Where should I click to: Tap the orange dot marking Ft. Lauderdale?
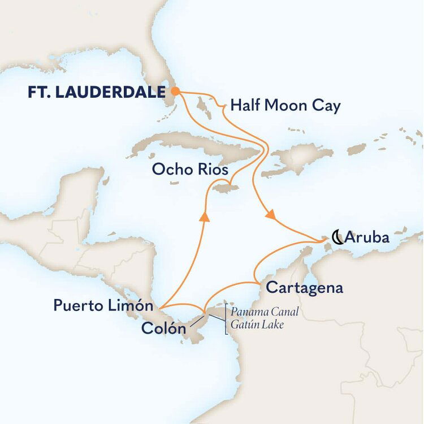(175, 91)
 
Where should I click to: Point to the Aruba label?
(368, 238)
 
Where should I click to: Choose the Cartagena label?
(304, 287)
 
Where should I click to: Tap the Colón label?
(164, 328)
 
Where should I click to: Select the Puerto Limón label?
(103, 306)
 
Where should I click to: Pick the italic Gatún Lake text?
(257, 325)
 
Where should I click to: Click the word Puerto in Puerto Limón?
(75, 306)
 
